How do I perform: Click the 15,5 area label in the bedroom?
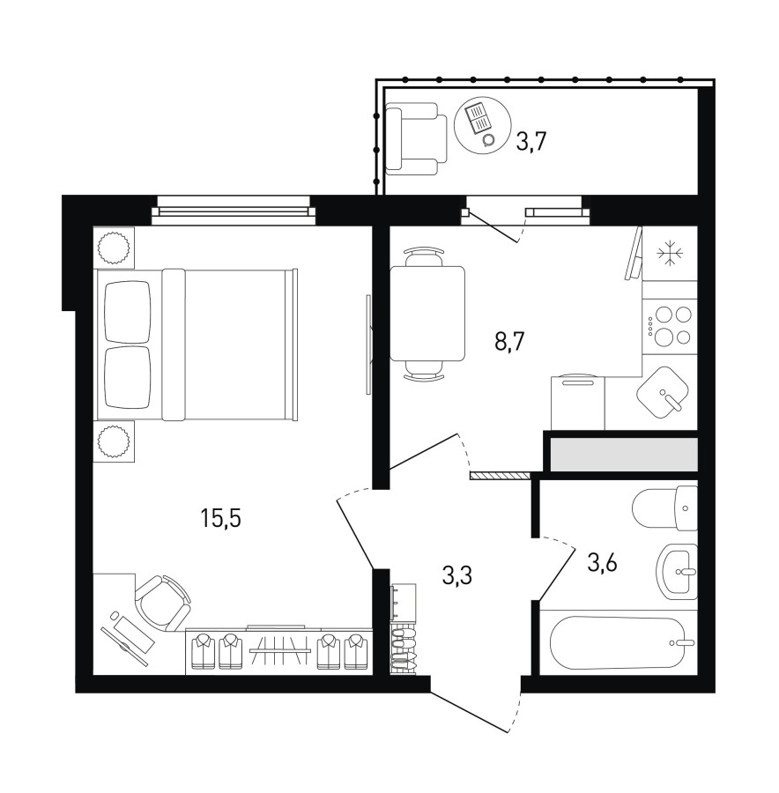220,518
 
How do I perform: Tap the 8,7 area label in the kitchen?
509,343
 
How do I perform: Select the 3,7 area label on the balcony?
531,141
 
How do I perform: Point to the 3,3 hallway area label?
456,575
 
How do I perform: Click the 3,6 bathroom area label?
603,562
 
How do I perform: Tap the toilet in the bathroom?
665,508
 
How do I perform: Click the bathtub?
619,642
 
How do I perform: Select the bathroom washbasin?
678,572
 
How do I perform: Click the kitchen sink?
664,392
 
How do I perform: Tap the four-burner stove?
670,325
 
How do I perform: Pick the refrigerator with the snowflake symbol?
670,254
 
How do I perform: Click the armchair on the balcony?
416,138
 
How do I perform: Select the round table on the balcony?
479,122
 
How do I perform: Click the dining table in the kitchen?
427,314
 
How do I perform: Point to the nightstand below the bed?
115,441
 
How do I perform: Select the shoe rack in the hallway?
403,651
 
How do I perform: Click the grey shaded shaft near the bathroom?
624,455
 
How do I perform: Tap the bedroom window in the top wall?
234,208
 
